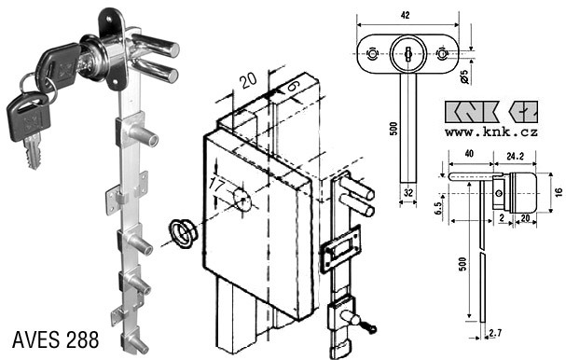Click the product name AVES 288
tap(55, 339)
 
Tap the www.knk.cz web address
tap(490, 132)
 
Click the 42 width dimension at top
tap(405, 15)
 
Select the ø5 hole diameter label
tap(465, 76)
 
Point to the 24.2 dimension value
tap(515, 156)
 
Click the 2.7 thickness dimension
tap(495, 333)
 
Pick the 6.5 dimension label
tap(438, 208)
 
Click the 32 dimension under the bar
tap(407, 192)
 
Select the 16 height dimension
tap(559, 192)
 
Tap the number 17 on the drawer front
tap(216, 186)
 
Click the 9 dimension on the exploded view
tap(295, 86)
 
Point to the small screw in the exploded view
tap(368, 327)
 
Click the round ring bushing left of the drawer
tap(184, 233)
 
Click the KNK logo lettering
tap(472, 112)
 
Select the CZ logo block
tap(523, 112)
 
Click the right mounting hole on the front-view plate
tap(442, 54)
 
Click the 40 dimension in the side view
tap(469, 154)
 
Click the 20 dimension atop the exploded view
tap(249, 80)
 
